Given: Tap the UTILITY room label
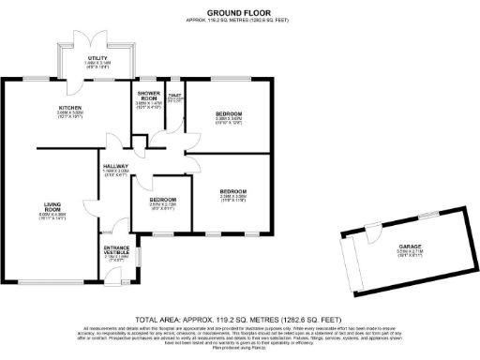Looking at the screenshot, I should pos(98,58).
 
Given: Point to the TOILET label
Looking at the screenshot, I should pos(174,96).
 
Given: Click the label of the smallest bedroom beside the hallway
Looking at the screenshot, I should pos(163,200).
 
